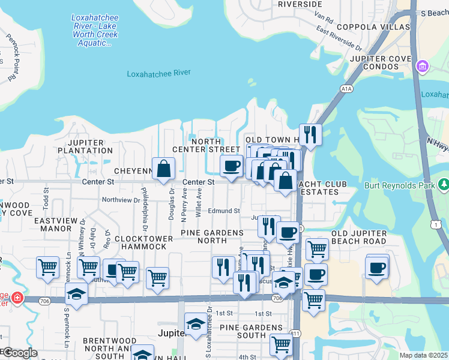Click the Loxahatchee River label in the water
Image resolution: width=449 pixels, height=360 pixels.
(158, 73)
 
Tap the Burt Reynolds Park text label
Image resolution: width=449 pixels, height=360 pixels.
(400, 185)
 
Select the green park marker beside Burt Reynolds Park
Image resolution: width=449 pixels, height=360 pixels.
(444, 184)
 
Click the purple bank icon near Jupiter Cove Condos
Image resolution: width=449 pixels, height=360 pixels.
(422, 65)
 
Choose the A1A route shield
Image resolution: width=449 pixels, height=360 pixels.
(346, 89)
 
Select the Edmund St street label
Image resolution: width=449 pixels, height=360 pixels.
(224, 211)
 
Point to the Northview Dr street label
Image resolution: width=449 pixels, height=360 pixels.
(121, 200)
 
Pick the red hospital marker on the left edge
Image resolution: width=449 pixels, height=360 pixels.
(18, 297)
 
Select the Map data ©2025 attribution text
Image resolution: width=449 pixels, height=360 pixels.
(424, 355)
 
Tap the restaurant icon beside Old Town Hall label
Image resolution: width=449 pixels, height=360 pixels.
(310, 134)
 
